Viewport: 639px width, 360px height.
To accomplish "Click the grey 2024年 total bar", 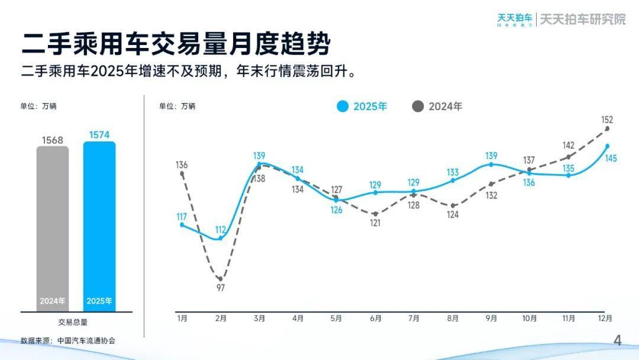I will (x=52, y=228).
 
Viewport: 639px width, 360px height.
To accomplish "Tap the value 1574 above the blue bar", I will (x=99, y=135).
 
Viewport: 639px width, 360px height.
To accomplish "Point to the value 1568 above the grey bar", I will (x=52, y=140).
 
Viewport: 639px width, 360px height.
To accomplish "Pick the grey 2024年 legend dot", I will (x=418, y=107).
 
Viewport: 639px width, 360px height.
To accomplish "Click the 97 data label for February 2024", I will (x=221, y=288).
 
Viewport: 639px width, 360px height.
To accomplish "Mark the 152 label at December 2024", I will (x=606, y=120).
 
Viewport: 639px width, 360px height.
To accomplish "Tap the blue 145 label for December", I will (x=611, y=158).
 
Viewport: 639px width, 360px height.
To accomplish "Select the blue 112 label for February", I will (x=221, y=230).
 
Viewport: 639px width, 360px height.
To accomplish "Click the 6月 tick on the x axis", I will (x=375, y=319).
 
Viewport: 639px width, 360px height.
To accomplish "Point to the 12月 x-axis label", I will (x=605, y=319).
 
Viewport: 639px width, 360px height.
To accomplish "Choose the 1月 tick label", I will (x=182, y=319).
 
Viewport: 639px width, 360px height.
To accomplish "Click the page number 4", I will (x=618, y=340).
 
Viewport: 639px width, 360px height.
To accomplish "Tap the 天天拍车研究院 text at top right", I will (x=582, y=19).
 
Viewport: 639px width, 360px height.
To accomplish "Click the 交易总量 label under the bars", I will (x=73, y=323).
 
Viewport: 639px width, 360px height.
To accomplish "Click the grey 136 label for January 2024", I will (x=182, y=165).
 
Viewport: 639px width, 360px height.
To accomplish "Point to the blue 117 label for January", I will (x=182, y=217).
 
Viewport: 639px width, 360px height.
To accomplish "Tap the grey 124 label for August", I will (x=453, y=215).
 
